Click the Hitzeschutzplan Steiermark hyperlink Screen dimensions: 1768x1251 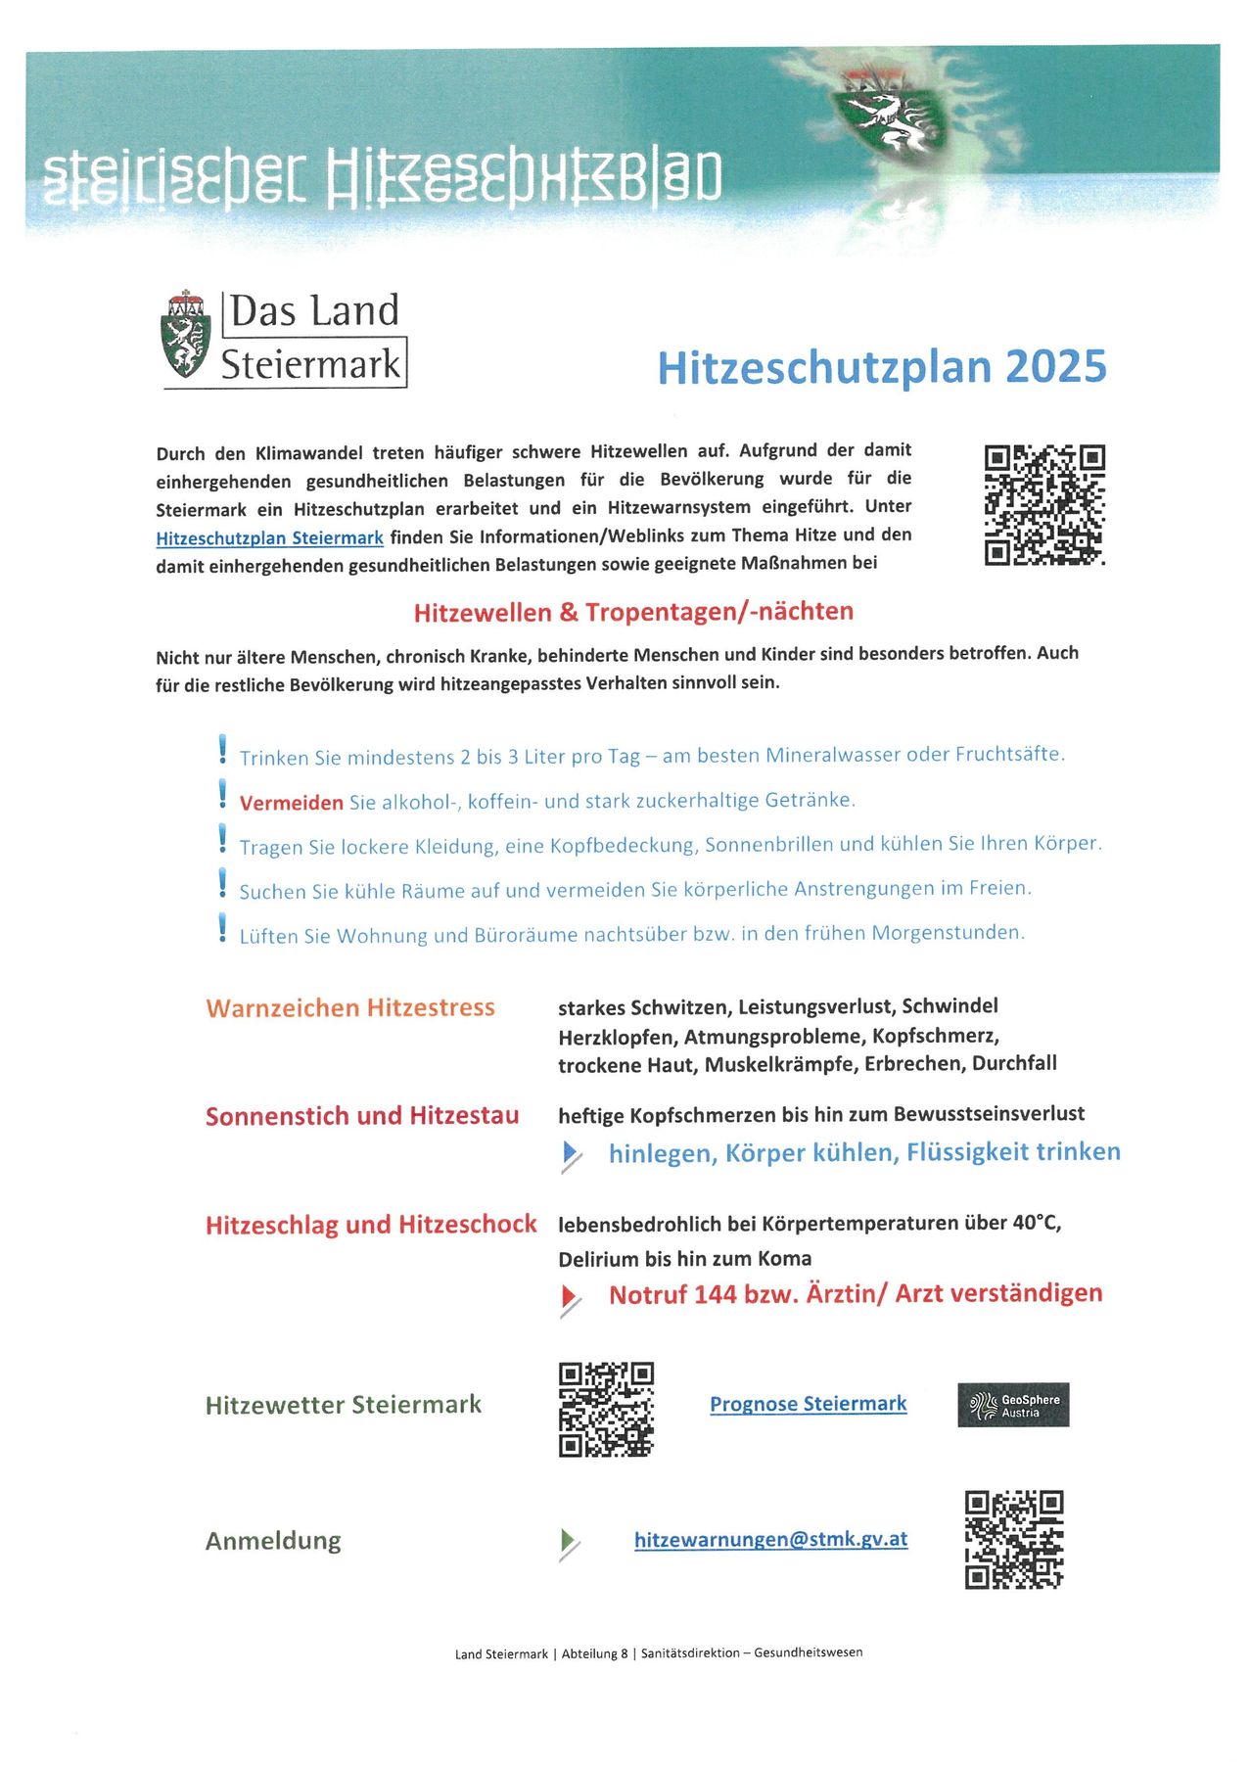[x=269, y=537]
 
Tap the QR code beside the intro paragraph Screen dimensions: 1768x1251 [x=1044, y=505]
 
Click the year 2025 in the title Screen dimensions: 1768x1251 [x=1055, y=367]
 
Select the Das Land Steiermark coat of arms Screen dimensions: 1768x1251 [x=186, y=335]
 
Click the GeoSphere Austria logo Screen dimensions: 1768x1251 [x=1013, y=1405]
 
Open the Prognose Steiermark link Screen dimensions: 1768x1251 [x=808, y=1404]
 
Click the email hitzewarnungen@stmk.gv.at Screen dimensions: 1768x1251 [x=770, y=1539]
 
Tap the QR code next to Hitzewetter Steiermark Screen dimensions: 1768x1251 [x=606, y=1409]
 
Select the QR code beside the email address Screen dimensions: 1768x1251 [x=1014, y=1539]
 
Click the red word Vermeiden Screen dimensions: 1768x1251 [x=291, y=803]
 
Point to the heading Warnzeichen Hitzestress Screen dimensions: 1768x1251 [x=350, y=1007]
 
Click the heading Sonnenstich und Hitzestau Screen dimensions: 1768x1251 [x=362, y=1116]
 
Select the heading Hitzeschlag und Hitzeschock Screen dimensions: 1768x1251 [x=371, y=1225]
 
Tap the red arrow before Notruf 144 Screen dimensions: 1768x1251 [x=569, y=1298]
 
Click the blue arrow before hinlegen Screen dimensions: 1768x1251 [x=570, y=1154]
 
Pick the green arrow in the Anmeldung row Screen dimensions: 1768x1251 [x=568, y=1541]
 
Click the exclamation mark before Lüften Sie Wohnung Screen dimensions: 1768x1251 [x=222, y=927]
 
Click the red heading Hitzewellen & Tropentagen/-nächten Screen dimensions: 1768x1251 [x=633, y=612]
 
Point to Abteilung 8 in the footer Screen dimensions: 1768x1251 [x=595, y=1653]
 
